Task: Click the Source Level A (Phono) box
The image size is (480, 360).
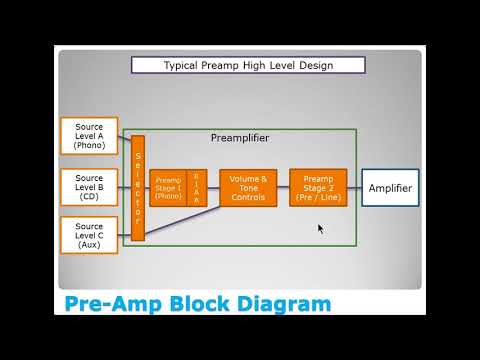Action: click(89, 136)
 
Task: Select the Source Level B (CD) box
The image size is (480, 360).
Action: click(89, 186)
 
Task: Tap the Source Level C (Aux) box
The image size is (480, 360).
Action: click(89, 235)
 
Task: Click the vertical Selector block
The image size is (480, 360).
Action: click(138, 188)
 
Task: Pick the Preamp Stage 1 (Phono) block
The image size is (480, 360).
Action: click(168, 188)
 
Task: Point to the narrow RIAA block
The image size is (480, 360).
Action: click(197, 188)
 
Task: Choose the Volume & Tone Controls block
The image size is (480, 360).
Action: click(248, 188)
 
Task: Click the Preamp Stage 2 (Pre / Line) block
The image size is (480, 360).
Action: click(318, 188)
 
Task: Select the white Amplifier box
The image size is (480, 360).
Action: click(390, 188)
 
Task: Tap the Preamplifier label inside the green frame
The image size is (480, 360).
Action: click(240, 137)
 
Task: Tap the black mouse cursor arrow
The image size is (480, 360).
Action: click(321, 229)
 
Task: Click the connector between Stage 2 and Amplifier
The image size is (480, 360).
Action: click(354, 188)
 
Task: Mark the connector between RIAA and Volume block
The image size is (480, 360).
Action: click(213, 188)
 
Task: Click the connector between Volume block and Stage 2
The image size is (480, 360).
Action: click(283, 188)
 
